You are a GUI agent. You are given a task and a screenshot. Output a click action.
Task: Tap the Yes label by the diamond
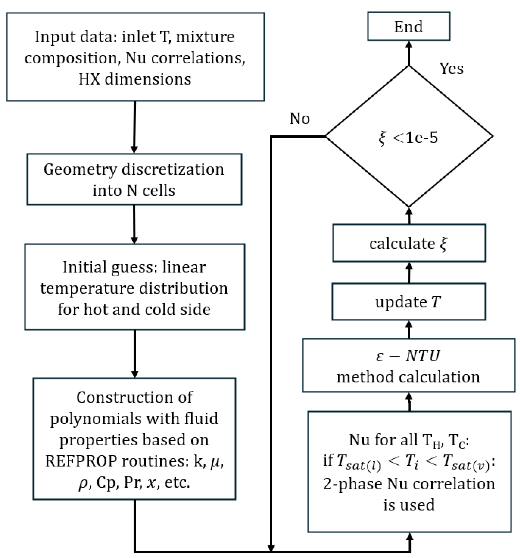[451, 68]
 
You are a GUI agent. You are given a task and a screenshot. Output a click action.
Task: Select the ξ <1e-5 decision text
[408, 138]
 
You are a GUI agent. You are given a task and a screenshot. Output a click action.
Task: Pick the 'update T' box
[408, 302]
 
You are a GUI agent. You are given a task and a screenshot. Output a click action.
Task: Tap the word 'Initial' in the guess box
[85, 267]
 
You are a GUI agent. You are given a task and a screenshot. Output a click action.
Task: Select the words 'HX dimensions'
[135, 79]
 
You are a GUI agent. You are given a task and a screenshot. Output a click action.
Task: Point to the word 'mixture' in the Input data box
[205, 37]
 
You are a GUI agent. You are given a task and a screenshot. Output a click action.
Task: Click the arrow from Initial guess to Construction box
[135, 354]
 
